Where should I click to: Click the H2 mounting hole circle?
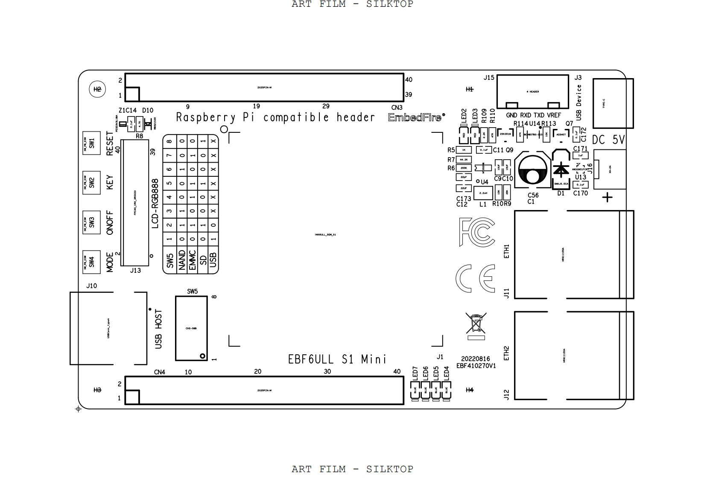tap(97, 89)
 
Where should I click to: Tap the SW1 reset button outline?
tap(91, 143)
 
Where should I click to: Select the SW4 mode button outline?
tap(91, 262)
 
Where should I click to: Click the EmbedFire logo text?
tap(416, 118)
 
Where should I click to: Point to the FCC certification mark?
tap(477, 232)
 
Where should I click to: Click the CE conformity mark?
tap(476, 278)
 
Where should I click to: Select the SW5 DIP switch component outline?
tap(191, 328)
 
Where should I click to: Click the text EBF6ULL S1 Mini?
tap(337, 359)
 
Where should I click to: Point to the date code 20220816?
tap(475, 359)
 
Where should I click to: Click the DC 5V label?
tap(608, 140)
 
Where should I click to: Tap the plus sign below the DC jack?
tap(607, 197)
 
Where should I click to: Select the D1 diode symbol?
tap(560, 169)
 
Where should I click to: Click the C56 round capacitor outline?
tap(532, 169)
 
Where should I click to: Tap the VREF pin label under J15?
tap(554, 115)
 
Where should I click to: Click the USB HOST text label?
tap(158, 329)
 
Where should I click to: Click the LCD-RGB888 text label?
tap(155, 203)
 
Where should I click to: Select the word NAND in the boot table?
tap(182, 260)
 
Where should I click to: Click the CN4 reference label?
tap(159, 372)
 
